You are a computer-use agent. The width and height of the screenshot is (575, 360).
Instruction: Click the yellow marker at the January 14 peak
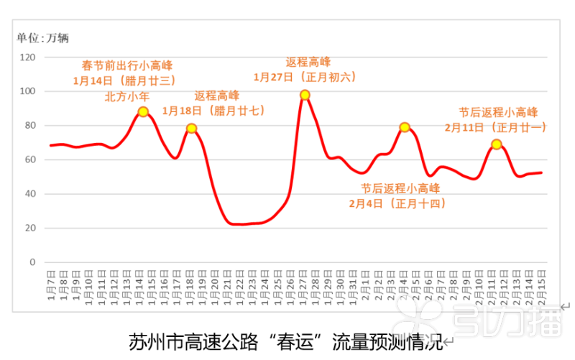(144, 111)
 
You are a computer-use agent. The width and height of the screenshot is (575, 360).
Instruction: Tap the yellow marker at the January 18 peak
(192, 129)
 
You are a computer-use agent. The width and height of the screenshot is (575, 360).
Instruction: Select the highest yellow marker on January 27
(305, 95)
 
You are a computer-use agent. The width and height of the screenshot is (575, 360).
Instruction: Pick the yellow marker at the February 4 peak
(405, 127)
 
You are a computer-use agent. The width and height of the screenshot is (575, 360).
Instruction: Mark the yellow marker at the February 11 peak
(497, 144)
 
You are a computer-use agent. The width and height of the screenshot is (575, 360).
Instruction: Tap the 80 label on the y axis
(30, 126)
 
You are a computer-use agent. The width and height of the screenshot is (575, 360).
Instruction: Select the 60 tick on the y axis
(30, 160)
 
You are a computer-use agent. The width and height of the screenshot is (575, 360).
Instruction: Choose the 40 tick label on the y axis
(30, 194)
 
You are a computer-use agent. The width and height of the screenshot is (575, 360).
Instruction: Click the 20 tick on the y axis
(30, 228)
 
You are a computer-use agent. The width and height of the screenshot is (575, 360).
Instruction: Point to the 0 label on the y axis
(32, 262)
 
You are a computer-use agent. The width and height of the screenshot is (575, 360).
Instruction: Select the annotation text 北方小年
(127, 95)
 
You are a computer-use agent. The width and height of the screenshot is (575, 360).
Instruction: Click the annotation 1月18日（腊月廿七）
(213, 111)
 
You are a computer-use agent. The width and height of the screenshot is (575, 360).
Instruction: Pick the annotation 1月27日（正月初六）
(305, 76)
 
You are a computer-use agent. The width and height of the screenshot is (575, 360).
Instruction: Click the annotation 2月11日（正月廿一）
(496, 127)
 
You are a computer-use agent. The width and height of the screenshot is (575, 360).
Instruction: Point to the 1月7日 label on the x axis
(51, 285)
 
